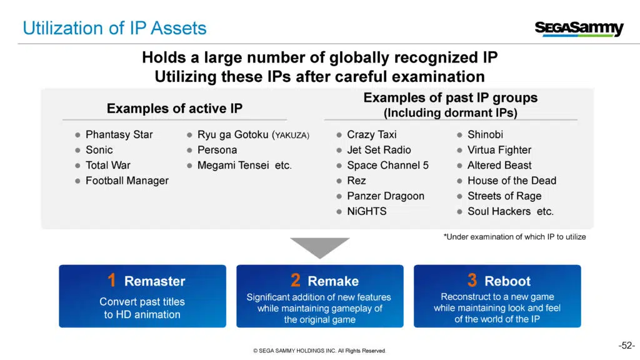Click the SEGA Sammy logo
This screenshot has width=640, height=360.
click(x=579, y=29)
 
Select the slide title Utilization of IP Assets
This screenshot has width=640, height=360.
click(x=115, y=28)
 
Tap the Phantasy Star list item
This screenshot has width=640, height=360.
click(x=119, y=135)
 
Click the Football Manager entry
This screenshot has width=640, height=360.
click(x=127, y=181)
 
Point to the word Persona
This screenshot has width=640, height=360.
click(x=217, y=150)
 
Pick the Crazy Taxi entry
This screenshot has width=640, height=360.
click(x=372, y=135)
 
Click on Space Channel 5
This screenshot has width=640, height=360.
click(x=387, y=165)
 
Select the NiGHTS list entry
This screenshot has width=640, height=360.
click(x=367, y=211)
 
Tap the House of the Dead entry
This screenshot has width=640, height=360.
click(x=512, y=181)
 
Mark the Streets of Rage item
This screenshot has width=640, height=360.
click(x=504, y=196)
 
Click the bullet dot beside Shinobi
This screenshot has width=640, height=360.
click(x=459, y=135)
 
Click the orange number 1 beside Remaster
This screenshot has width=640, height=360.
click(x=112, y=280)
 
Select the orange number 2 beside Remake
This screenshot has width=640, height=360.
click(x=296, y=280)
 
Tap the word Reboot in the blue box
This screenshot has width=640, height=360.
click(x=507, y=281)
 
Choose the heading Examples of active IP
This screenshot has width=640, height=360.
click(x=175, y=109)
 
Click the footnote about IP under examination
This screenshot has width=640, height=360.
click(x=515, y=237)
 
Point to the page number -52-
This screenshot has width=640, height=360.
click(x=626, y=346)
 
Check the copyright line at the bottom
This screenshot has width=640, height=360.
click(x=319, y=351)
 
